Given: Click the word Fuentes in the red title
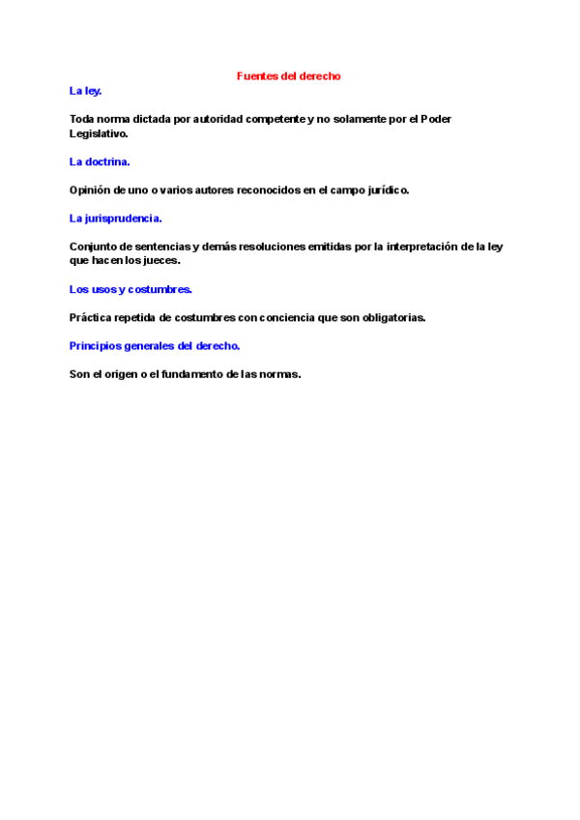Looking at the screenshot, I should [x=256, y=75].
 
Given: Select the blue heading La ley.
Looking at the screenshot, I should [x=85, y=91].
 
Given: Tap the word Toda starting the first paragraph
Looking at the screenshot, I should [x=82, y=119].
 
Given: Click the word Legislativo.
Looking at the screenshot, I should [x=99, y=133].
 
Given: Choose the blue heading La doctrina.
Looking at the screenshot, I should [x=100, y=161].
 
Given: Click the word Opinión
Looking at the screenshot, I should [x=91, y=190].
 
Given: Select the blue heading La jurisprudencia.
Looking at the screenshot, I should [x=115, y=219].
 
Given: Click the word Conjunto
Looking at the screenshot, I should [x=93, y=247].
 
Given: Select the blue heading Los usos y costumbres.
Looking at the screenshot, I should [x=130, y=289].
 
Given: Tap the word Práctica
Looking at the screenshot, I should [x=92, y=317].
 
